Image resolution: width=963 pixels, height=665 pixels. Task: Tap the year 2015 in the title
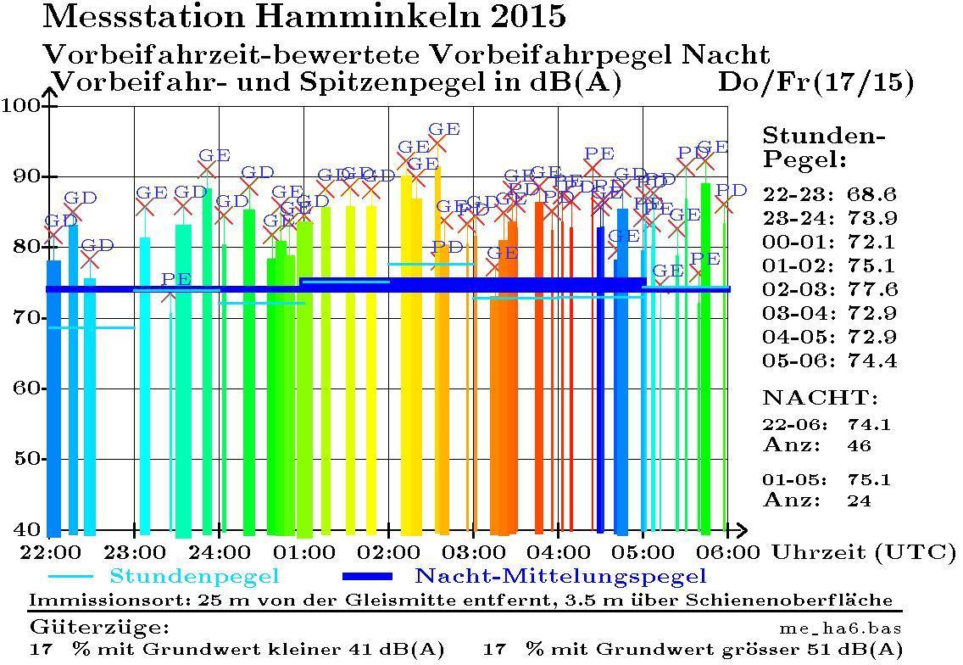click(x=522, y=16)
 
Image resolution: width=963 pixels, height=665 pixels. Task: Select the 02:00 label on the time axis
click(x=389, y=552)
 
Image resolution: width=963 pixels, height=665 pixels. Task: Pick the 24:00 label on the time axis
click(x=219, y=552)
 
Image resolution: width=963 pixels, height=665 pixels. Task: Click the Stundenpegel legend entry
click(x=194, y=577)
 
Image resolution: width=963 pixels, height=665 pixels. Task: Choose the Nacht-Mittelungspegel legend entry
click(x=559, y=577)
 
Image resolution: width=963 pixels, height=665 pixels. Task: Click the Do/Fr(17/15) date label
click(x=815, y=83)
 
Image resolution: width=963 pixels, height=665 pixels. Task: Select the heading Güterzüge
click(x=99, y=629)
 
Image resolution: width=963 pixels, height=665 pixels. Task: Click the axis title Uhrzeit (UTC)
click(x=862, y=552)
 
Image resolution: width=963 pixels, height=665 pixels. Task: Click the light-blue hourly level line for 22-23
click(x=92, y=327)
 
